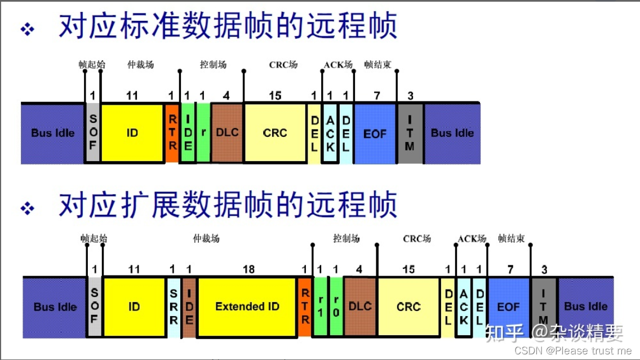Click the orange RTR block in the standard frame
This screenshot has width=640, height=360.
click(x=172, y=133)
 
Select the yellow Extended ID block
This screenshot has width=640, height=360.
click(x=247, y=306)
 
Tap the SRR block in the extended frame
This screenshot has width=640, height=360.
click(x=174, y=307)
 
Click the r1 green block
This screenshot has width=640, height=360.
click(x=321, y=307)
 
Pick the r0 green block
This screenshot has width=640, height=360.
click(x=336, y=307)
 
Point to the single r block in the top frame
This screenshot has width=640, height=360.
click(x=203, y=133)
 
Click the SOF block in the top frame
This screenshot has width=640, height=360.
click(x=94, y=133)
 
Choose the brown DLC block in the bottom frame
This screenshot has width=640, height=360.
click(x=360, y=306)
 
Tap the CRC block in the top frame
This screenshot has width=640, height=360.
click(x=275, y=133)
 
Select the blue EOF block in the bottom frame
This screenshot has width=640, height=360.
click(x=508, y=307)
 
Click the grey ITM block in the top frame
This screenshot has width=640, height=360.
click(x=410, y=133)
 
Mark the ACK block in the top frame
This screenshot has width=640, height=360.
click(x=330, y=133)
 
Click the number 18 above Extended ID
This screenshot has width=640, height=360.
click(x=248, y=269)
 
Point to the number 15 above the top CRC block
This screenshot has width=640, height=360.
click(x=275, y=96)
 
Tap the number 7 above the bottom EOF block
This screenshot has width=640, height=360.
click(x=510, y=269)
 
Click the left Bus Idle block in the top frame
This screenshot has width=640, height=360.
click(x=52, y=133)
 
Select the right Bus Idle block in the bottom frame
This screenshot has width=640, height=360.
click(x=586, y=306)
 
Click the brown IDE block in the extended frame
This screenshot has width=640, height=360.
click(x=189, y=307)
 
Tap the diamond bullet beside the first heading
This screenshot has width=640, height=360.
click(x=28, y=29)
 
